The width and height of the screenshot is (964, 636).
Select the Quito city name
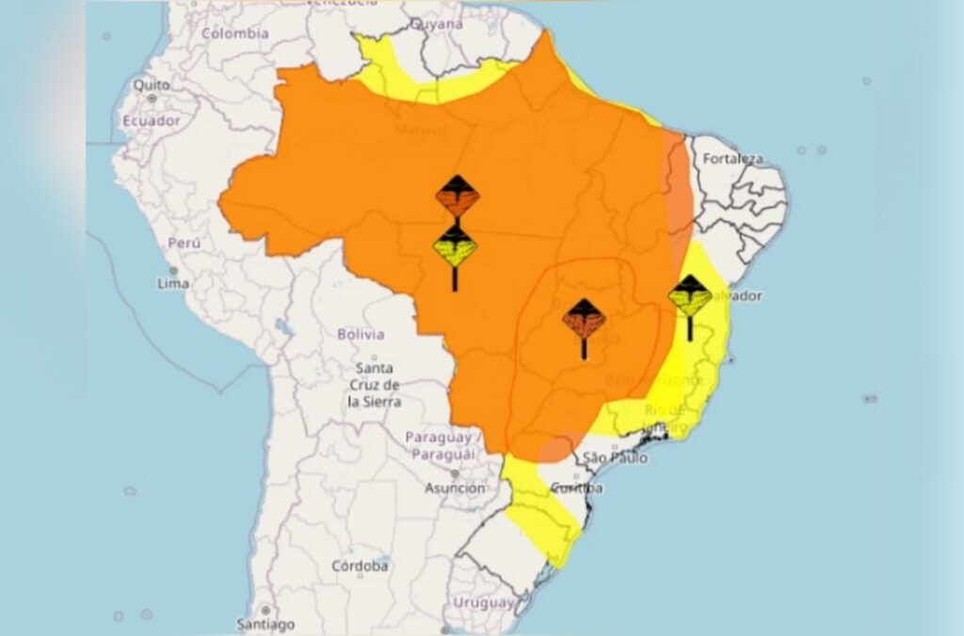pyautogui.click(x=152, y=85)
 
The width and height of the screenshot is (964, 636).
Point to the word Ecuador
pyautogui.click(x=151, y=120)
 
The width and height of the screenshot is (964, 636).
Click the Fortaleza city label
pyautogui.click(x=731, y=158)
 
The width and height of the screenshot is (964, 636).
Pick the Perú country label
pyautogui.click(x=185, y=243)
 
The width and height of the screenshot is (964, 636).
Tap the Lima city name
pyautogui.click(x=173, y=283)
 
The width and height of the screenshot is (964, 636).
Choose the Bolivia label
pyautogui.click(x=361, y=334)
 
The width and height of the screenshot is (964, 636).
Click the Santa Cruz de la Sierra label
pyautogui.click(x=375, y=384)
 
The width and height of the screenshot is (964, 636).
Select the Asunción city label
pyautogui.click(x=455, y=488)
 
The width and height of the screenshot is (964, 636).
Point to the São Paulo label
pyautogui.click(x=616, y=458)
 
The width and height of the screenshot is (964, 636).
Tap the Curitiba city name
pyautogui.click(x=575, y=488)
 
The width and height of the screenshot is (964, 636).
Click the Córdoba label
pyautogui.click(x=360, y=566)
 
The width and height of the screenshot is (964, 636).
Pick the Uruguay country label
pyautogui.click(x=483, y=602)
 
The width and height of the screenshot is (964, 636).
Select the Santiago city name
pyautogui.click(x=265, y=624)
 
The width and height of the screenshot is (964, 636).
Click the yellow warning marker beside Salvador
pyautogui.click(x=690, y=296)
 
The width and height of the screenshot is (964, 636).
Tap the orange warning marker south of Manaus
pyautogui.click(x=458, y=197)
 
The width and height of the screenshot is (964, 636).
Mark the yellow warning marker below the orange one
pyautogui.click(x=455, y=247)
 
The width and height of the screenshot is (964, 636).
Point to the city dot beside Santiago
pyautogui.click(x=266, y=611)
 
